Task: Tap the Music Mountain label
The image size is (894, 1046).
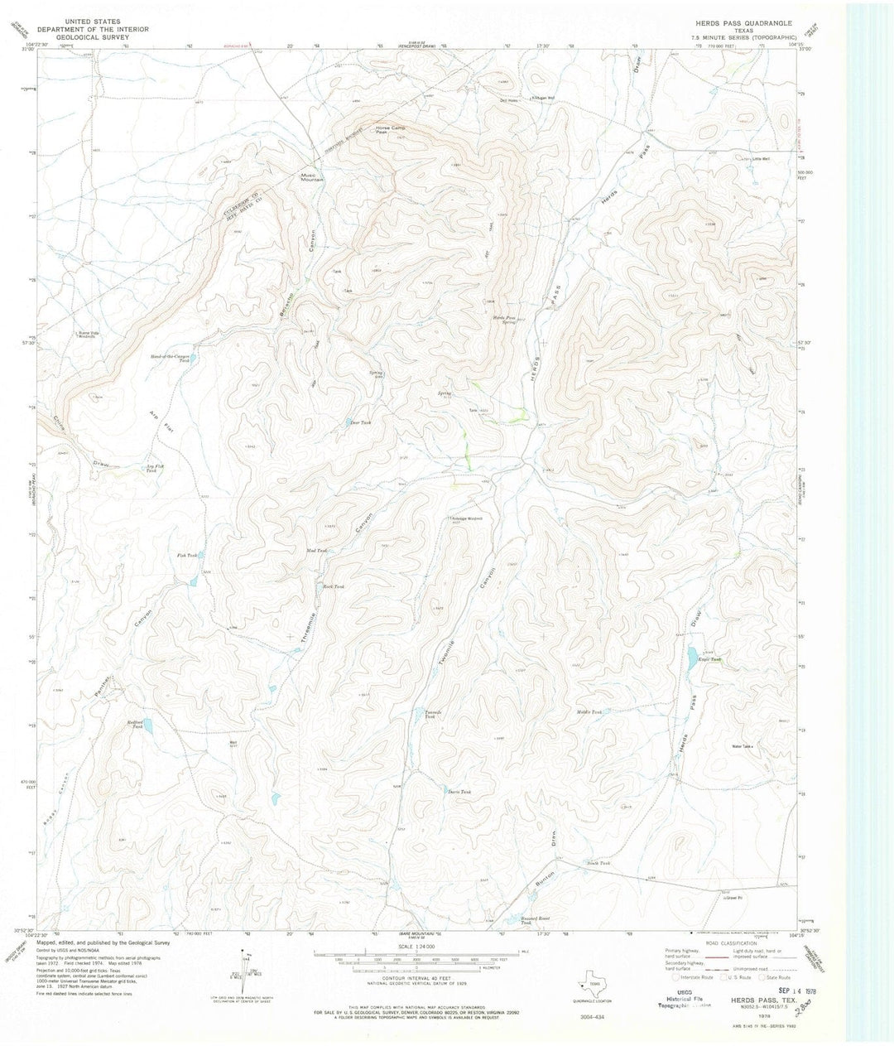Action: coord(311,177)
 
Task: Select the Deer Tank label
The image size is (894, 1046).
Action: coord(358,422)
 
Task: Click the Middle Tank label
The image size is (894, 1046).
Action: coord(589,711)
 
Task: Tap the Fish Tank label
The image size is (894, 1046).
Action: coord(186,556)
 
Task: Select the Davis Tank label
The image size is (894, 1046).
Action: coord(460,792)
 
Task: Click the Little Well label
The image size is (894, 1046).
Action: coord(760,159)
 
